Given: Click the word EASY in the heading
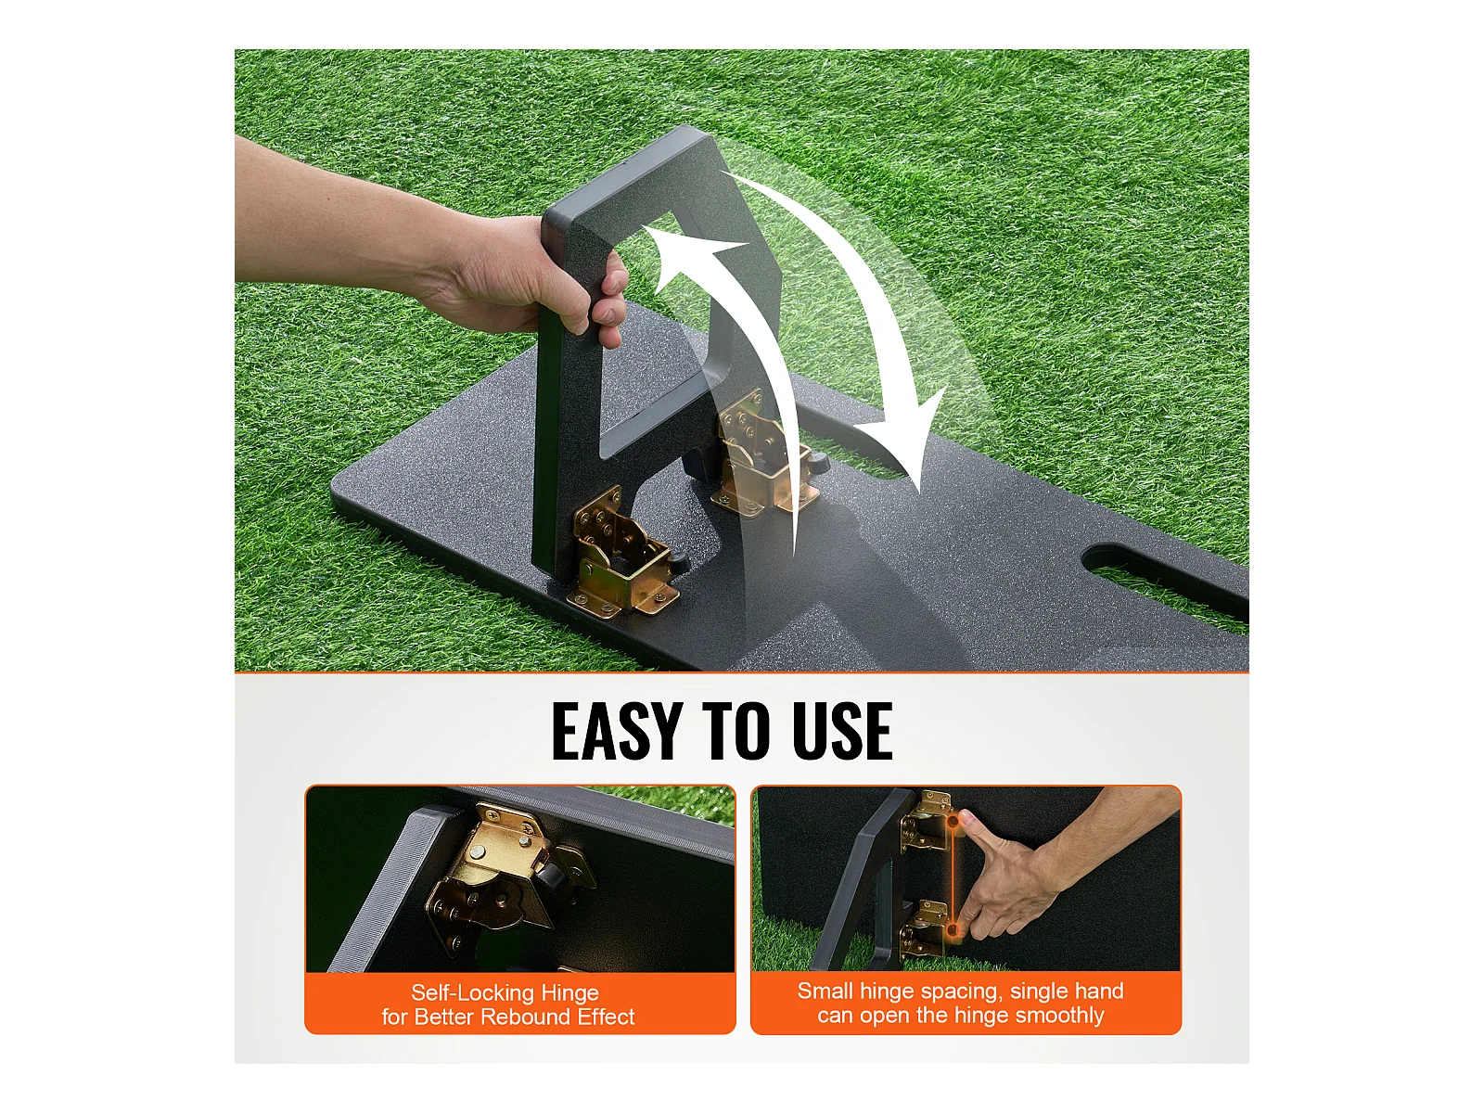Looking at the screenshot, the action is tap(615, 731).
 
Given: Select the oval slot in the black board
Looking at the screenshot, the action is tap(1164, 582).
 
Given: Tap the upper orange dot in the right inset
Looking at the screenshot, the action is tap(953, 822).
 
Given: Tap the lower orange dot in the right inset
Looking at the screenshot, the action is tap(953, 932).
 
